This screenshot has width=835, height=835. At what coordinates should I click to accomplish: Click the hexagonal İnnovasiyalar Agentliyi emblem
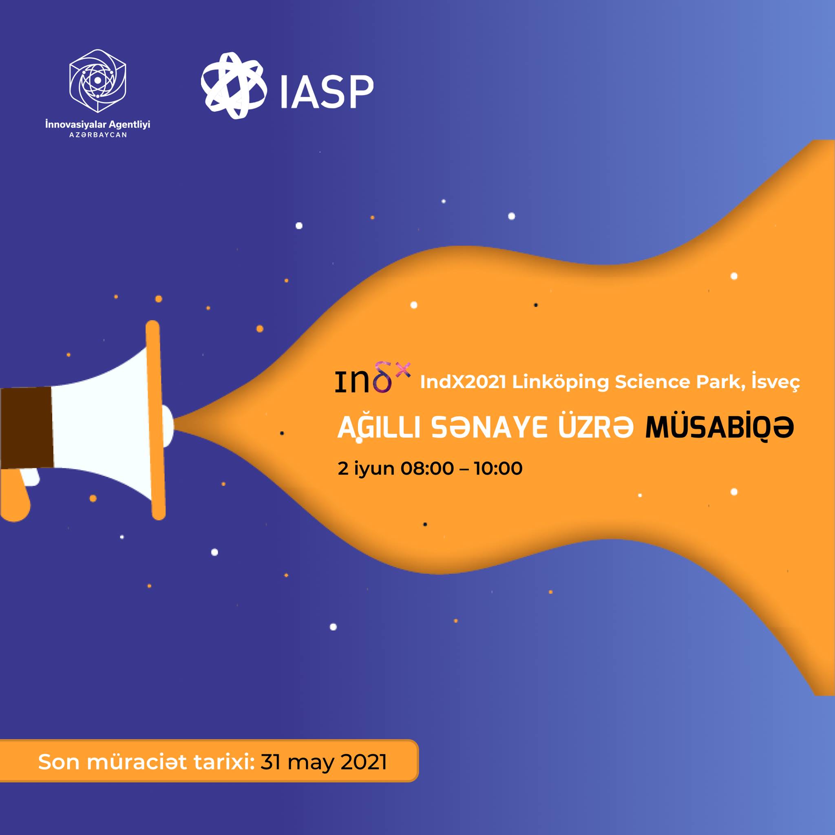98,81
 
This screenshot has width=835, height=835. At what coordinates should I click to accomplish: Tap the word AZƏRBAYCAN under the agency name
98,135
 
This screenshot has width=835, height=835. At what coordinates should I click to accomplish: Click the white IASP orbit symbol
232,86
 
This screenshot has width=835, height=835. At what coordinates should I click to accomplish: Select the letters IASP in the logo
327,92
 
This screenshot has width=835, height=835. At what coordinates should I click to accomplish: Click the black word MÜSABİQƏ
720,427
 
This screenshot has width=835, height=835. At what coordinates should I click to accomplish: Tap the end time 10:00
498,468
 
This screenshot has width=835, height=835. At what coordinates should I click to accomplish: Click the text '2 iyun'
366,468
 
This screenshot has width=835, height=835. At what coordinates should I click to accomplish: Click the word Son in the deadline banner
59,762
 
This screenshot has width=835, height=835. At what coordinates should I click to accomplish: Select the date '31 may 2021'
324,762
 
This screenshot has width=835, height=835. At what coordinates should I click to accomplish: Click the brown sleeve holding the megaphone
27,428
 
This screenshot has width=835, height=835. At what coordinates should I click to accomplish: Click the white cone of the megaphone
102,426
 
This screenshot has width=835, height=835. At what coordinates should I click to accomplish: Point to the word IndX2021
463,382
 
